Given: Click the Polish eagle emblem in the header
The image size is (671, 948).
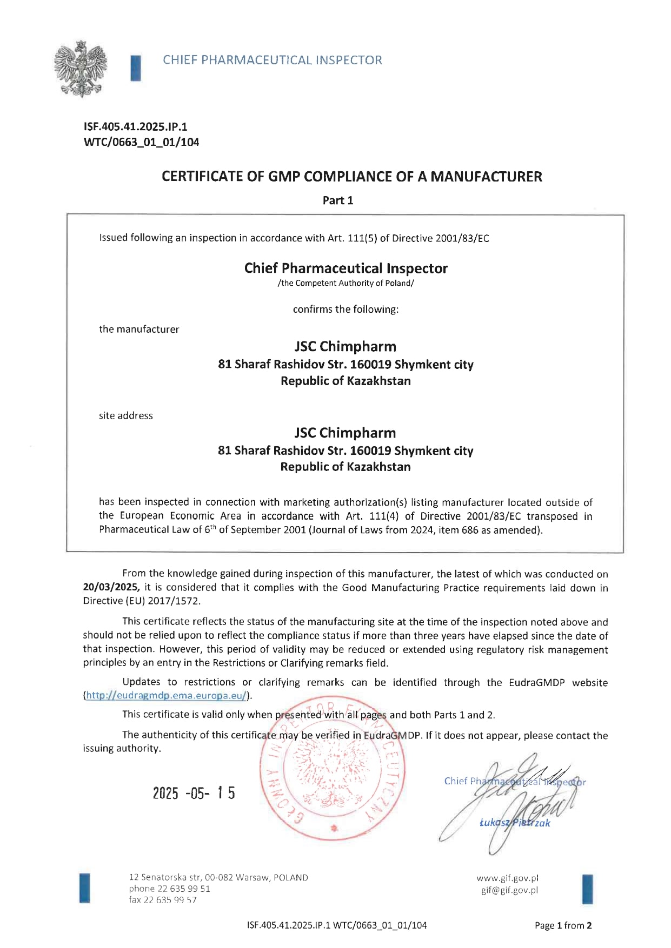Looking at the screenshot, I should [80, 69].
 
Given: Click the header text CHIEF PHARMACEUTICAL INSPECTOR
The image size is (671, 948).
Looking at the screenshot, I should [273, 60].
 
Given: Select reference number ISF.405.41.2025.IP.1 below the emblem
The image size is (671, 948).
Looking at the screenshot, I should [135, 127].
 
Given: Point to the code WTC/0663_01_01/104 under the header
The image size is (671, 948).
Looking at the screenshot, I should [141, 142].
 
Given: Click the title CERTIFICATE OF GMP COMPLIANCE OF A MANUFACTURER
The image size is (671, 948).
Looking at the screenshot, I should [351, 177].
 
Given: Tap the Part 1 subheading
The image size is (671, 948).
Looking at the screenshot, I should [338, 200].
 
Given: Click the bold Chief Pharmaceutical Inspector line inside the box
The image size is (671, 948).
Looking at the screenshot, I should [346, 268].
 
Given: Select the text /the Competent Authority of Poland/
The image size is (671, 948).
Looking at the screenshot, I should [346, 283].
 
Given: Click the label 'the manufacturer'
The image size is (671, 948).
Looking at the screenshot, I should [139, 329].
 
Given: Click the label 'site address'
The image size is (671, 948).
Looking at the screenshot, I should [126, 415].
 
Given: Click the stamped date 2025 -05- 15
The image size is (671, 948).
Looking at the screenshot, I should [194, 793].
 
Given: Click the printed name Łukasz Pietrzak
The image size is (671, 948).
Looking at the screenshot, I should [515, 823].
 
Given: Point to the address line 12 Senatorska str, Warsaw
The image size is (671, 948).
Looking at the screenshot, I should [218, 878].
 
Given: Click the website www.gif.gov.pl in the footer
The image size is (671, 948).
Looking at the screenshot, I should [507, 878].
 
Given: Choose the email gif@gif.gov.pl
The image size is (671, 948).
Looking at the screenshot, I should [509, 890].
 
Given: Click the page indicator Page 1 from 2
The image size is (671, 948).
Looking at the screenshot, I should [563, 925].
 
